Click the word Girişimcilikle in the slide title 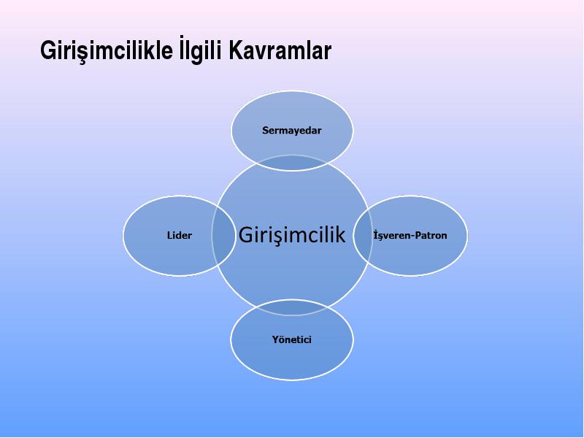(x=107, y=50)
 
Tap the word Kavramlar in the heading (x=280, y=50)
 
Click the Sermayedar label (x=291, y=131)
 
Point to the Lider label (x=180, y=235)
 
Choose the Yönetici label (x=291, y=339)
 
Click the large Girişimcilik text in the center (x=292, y=235)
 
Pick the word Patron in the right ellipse (x=431, y=235)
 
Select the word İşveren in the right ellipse (x=392, y=235)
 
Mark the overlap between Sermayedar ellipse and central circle (x=291, y=163)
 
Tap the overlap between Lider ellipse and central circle (x=224, y=235)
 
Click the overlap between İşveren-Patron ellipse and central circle (x=363, y=235)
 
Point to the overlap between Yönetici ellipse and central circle (x=291, y=307)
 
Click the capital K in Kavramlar (x=235, y=50)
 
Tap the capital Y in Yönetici (x=276, y=339)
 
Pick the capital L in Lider (x=169, y=235)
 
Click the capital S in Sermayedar (x=266, y=131)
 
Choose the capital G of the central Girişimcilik (x=246, y=235)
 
